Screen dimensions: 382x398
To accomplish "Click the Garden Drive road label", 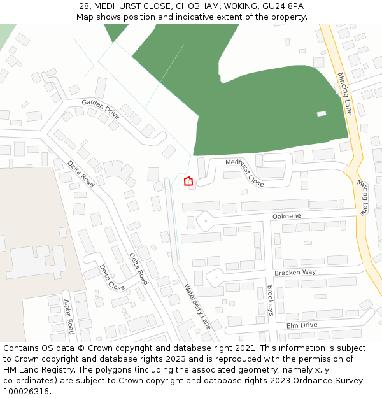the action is (x=101, y=109).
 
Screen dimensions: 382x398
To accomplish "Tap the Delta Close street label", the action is (x=112, y=278).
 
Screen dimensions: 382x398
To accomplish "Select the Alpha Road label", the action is (x=69, y=316).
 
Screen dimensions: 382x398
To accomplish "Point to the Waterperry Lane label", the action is (x=197, y=306).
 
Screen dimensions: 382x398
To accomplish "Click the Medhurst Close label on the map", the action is (x=244, y=172).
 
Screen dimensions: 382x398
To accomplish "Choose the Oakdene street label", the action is (x=286, y=217).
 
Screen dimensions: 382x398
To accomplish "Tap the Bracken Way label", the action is (x=295, y=273).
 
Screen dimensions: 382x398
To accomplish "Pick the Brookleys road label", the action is (x=270, y=301).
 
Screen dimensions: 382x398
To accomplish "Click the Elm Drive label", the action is (x=302, y=325).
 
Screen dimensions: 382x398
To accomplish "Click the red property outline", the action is (x=188, y=181).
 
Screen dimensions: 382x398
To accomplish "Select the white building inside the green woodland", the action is (x=322, y=114).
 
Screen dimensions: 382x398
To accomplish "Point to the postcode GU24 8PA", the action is (x=282, y=6).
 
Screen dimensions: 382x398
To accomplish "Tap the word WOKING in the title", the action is (x=234, y=6).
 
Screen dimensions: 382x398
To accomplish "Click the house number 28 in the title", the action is (x=85, y=6).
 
